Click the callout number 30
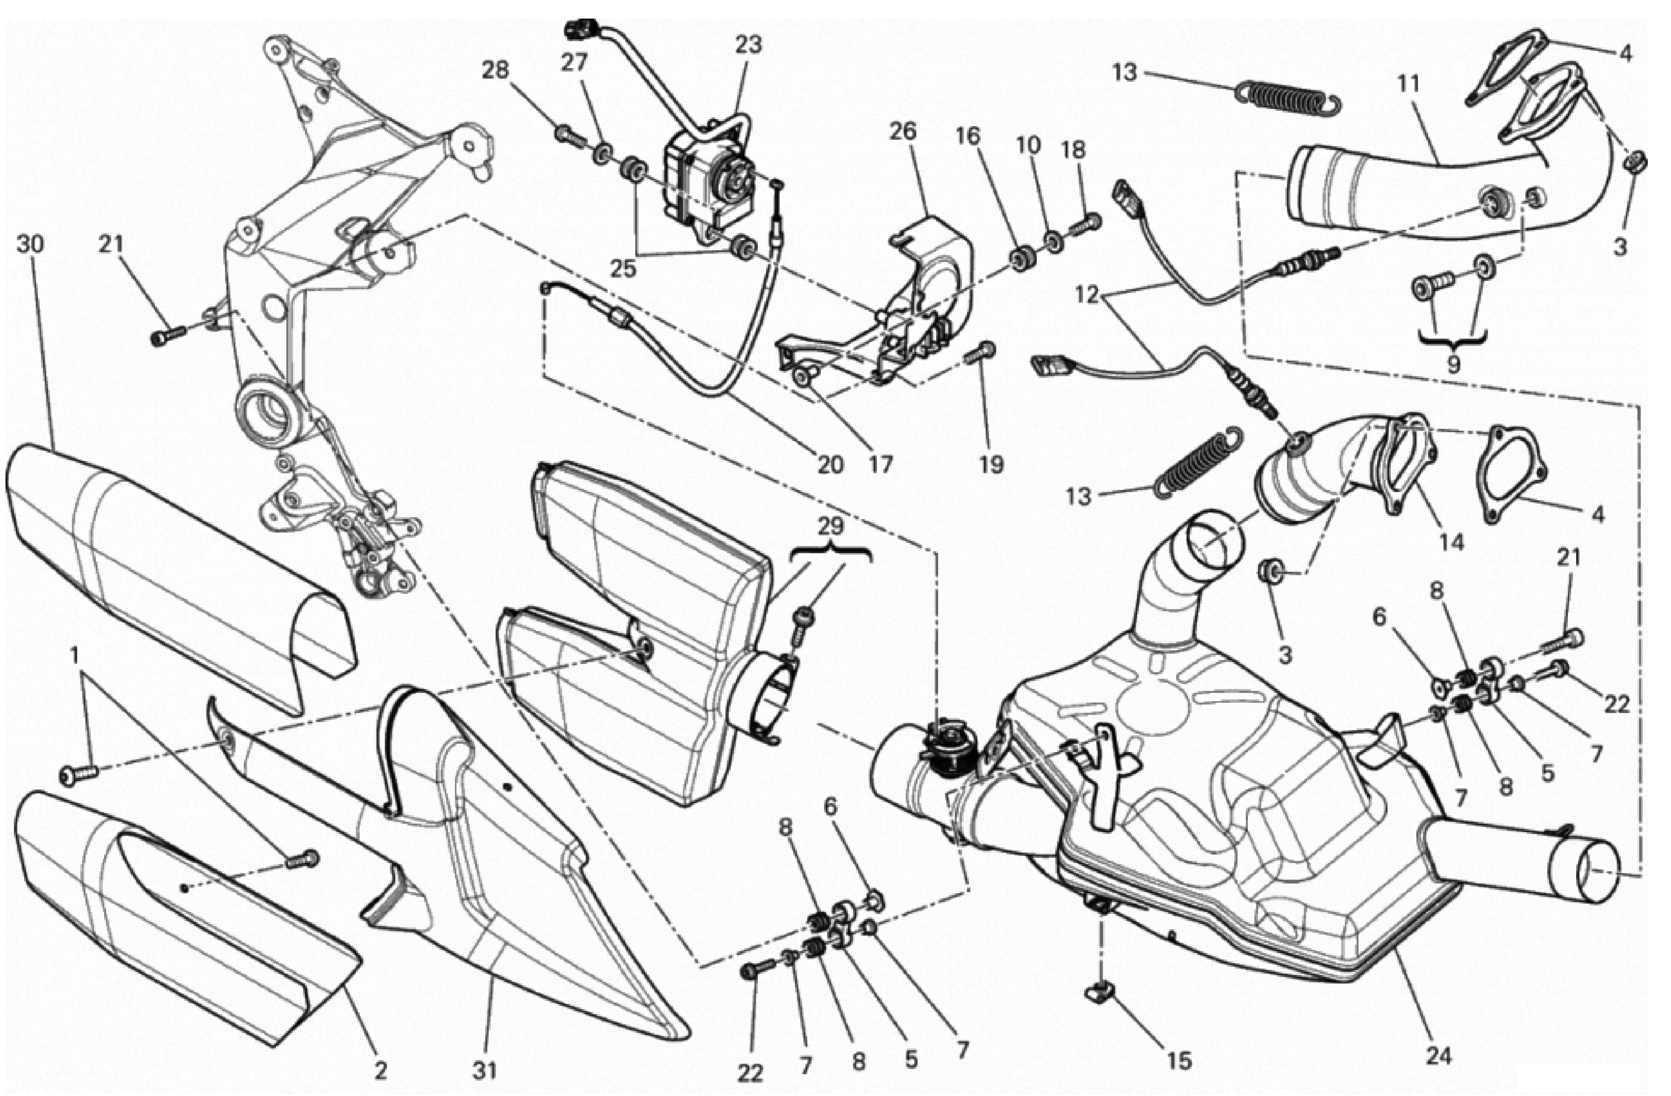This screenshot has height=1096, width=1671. point(30,244)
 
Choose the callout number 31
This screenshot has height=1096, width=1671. point(484,1071)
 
